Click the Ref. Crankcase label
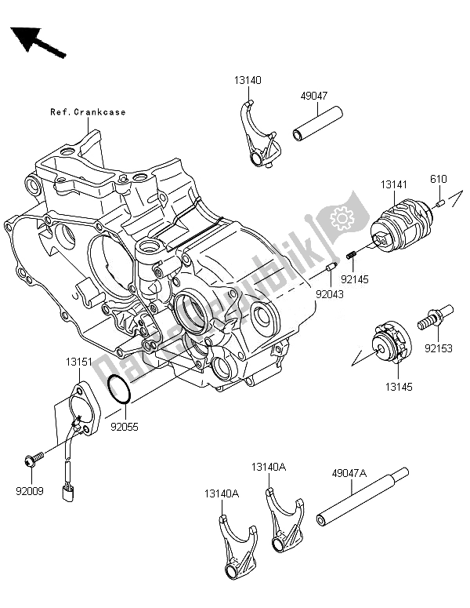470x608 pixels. [x=88, y=112]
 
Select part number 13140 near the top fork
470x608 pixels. [x=247, y=80]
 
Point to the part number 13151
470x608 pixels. [x=79, y=363]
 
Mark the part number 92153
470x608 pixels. [x=439, y=344]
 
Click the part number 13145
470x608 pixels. [x=395, y=387]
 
